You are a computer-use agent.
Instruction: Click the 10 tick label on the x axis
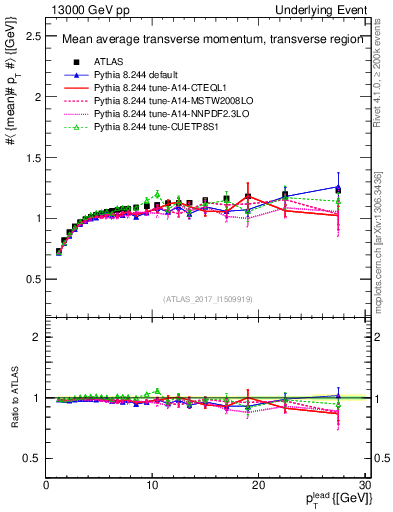(152, 485)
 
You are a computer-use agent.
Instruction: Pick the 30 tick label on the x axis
(363, 485)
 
